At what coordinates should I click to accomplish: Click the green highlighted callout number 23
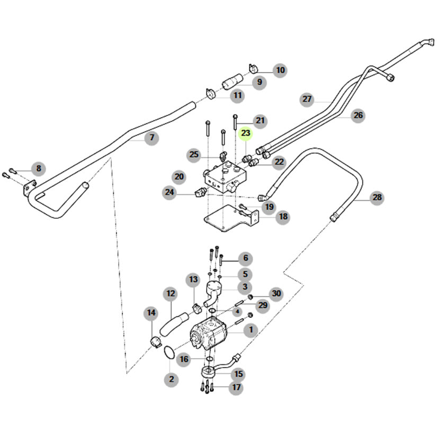(246, 133)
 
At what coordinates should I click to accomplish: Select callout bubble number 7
(152, 138)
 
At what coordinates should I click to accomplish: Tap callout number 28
(377, 198)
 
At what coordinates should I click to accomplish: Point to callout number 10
(280, 70)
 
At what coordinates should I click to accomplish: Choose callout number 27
(308, 99)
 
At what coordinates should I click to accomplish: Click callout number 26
(359, 115)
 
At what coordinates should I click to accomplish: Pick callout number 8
(38, 170)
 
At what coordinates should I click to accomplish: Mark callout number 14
(151, 314)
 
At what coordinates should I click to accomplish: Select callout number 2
(171, 379)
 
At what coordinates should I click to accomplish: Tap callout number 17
(236, 388)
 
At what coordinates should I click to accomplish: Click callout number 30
(276, 293)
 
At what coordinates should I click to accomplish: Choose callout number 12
(171, 293)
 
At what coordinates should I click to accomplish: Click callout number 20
(179, 177)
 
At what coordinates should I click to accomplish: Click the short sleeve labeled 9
(231, 84)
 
